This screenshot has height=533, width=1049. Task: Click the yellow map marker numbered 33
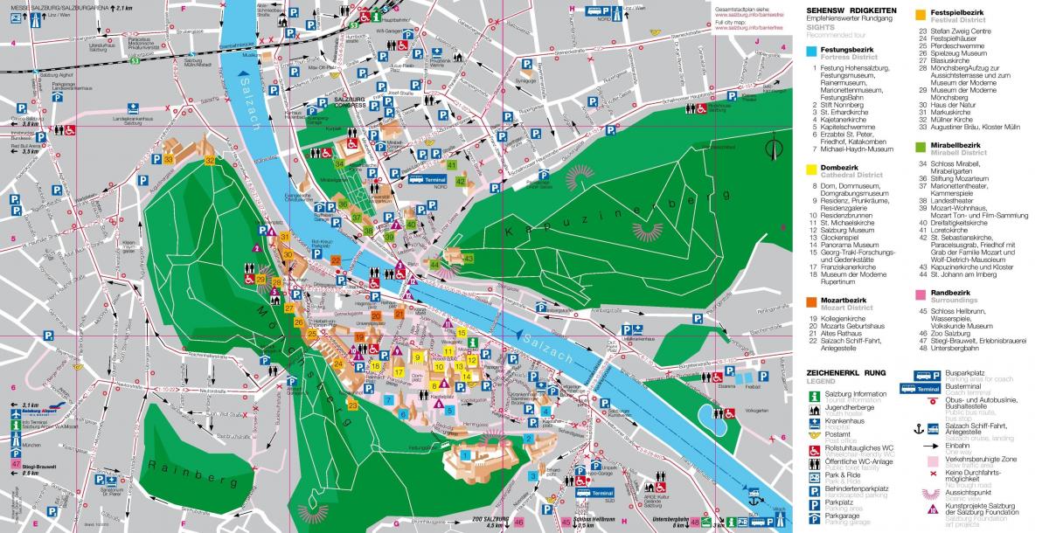pyautogui.click(x=169, y=159)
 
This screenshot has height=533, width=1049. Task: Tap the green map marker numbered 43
pyautogui.click(x=469, y=259)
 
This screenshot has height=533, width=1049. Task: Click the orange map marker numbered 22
pyautogui.click(x=336, y=260)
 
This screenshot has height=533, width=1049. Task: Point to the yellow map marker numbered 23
pyautogui.click(x=352, y=405)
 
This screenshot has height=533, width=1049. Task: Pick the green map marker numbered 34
pyautogui.click(x=339, y=163)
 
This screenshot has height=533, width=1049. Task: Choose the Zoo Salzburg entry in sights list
pyautogui.click(x=955, y=333)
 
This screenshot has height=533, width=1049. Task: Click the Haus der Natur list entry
pyautogui.click(x=952, y=105)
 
